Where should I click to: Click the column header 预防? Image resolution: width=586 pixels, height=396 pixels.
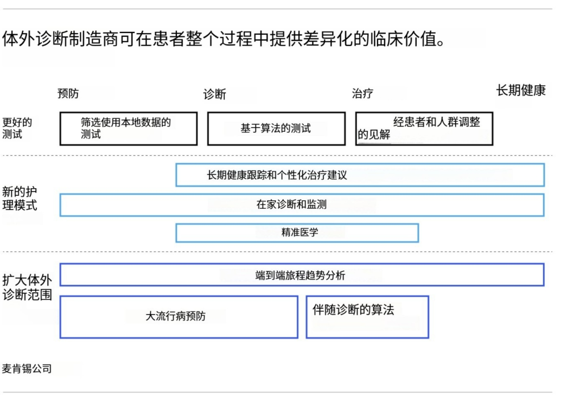68,93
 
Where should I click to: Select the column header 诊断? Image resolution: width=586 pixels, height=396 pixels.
214,94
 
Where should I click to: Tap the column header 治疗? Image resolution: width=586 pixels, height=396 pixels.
362,93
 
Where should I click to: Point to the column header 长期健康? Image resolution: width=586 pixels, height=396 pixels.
521,91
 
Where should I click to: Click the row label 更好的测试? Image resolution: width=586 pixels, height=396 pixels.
17,128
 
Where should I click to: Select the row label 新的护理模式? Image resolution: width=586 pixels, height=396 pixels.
20,199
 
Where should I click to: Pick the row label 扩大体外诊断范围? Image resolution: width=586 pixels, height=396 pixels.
27,288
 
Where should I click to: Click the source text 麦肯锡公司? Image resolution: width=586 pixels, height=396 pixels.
27,369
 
